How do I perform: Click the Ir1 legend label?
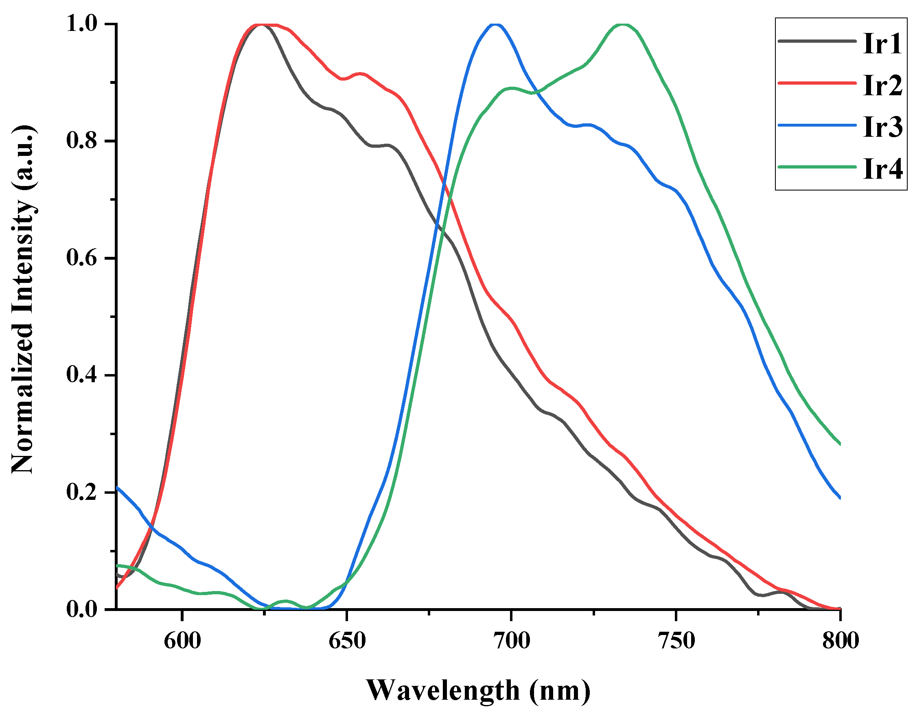coord(882,44)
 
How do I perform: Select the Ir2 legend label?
coord(882,85)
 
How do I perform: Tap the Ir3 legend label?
coord(882,127)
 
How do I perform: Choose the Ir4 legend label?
coord(882,169)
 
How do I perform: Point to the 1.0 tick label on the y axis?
coord(82,24)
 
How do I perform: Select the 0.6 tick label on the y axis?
coord(82,258)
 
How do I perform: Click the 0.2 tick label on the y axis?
coord(82,492)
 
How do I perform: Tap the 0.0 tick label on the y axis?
coord(82,609)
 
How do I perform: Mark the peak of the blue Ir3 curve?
coord(495,24)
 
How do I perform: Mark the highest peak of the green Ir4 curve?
coord(623,24)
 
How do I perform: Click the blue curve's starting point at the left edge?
coord(117,488)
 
